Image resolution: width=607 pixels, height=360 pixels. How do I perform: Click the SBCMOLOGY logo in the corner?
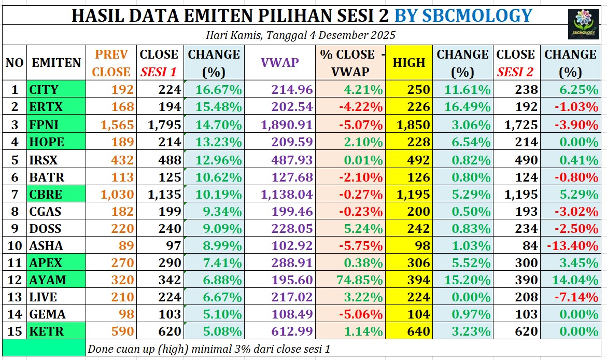(584, 24)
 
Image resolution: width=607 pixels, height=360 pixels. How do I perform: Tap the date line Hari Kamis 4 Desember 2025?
(301, 35)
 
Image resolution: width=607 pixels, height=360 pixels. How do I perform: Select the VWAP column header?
(279, 63)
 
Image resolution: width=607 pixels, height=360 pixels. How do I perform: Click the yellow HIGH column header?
(408, 63)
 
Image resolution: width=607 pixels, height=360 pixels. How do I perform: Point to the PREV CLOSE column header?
(111, 63)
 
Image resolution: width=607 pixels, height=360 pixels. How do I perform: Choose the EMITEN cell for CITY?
(57, 89)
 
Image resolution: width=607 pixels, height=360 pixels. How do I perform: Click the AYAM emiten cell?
(57, 280)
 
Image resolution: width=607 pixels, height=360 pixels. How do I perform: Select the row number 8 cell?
(15, 211)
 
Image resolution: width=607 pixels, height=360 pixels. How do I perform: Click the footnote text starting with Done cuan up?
(209, 349)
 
